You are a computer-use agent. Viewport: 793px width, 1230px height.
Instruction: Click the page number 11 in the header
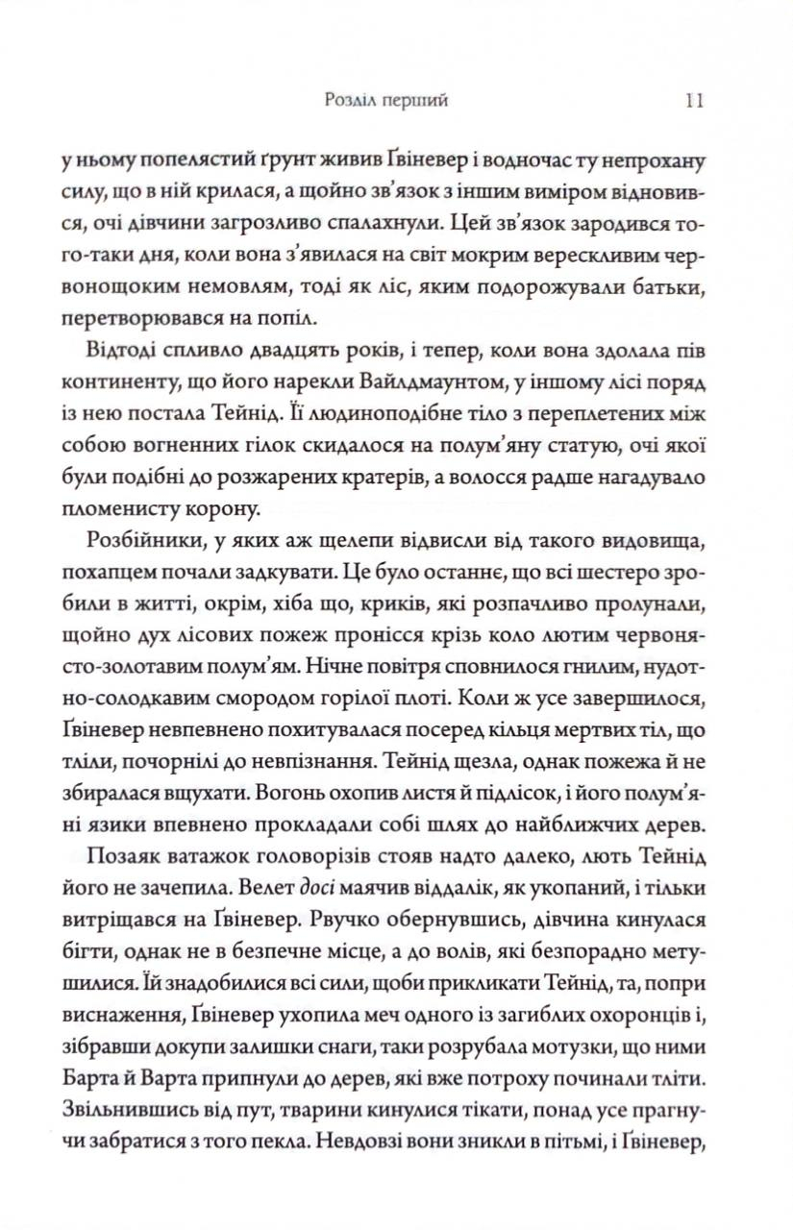tap(697, 98)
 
